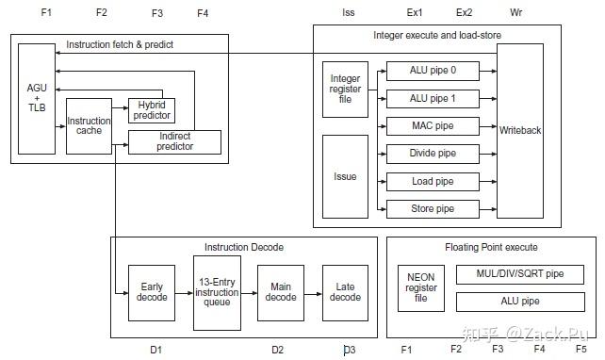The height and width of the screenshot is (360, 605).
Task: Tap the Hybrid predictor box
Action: coord(152,109)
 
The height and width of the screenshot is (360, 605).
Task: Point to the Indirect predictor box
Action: coord(174,142)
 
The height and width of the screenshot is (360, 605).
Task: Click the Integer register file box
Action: coord(345,90)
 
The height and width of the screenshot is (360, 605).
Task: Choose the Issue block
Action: coord(345,175)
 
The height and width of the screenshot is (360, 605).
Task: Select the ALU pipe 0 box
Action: coord(433,70)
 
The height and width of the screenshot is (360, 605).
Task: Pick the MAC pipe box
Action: coord(433,125)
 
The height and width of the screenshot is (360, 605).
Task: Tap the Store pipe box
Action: coord(433,208)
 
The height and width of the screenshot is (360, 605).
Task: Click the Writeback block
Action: coord(520,130)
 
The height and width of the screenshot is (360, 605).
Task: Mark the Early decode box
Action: coord(152,291)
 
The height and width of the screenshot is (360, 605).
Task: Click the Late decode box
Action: coord(345,291)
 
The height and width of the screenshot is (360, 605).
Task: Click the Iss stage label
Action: coord(348,12)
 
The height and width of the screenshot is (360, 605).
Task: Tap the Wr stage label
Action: coord(515,12)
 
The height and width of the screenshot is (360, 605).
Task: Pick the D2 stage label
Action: coord(277,350)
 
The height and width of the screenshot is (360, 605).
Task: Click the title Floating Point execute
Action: coord(491,247)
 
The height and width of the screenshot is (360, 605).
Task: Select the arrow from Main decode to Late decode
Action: coord(312,291)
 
